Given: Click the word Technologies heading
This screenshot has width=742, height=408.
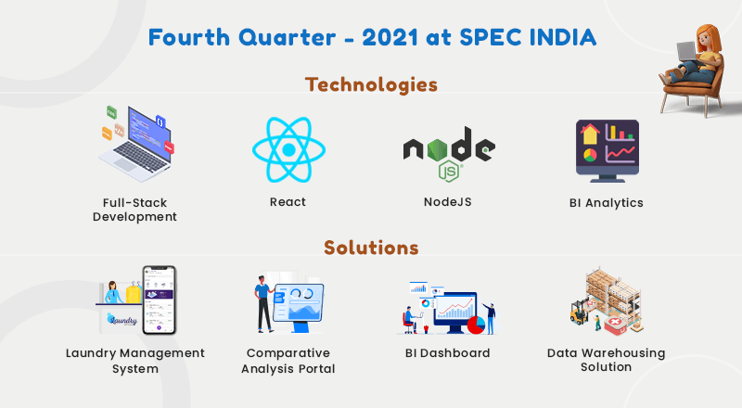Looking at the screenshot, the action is click(x=372, y=84).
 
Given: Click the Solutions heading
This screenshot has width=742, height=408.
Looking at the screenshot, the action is click(x=372, y=248).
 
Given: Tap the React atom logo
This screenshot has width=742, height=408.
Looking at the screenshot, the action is click(x=288, y=149).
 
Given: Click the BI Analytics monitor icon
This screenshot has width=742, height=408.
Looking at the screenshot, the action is click(x=608, y=151).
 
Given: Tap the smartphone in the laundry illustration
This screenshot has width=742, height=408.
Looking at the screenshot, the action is click(x=160, y=300).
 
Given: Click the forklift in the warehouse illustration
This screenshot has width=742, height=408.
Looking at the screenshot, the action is click(x=579, y=312).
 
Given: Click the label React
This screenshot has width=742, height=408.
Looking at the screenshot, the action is click(x=288, y=202).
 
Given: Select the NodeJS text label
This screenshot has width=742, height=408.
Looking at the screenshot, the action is click(x=448, y=202).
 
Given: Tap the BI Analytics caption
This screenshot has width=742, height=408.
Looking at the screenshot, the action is click(x=607, y=203).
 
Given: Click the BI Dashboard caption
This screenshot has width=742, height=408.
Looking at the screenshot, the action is click(x=448, y=353).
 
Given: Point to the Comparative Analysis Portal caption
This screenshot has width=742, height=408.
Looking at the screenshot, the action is click(x=288, y=361).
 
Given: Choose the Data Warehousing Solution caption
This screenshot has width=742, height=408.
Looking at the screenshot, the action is click(x=607, y=360).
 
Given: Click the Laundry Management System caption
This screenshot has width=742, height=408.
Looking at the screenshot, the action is click(x=135, y=361).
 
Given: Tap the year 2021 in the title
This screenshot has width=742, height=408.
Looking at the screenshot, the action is click(x=390, y=37).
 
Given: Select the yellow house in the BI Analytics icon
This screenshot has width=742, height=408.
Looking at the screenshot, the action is click(x=590, y=134).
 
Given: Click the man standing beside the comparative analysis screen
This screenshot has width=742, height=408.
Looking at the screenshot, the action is click(x=262, y=303).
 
